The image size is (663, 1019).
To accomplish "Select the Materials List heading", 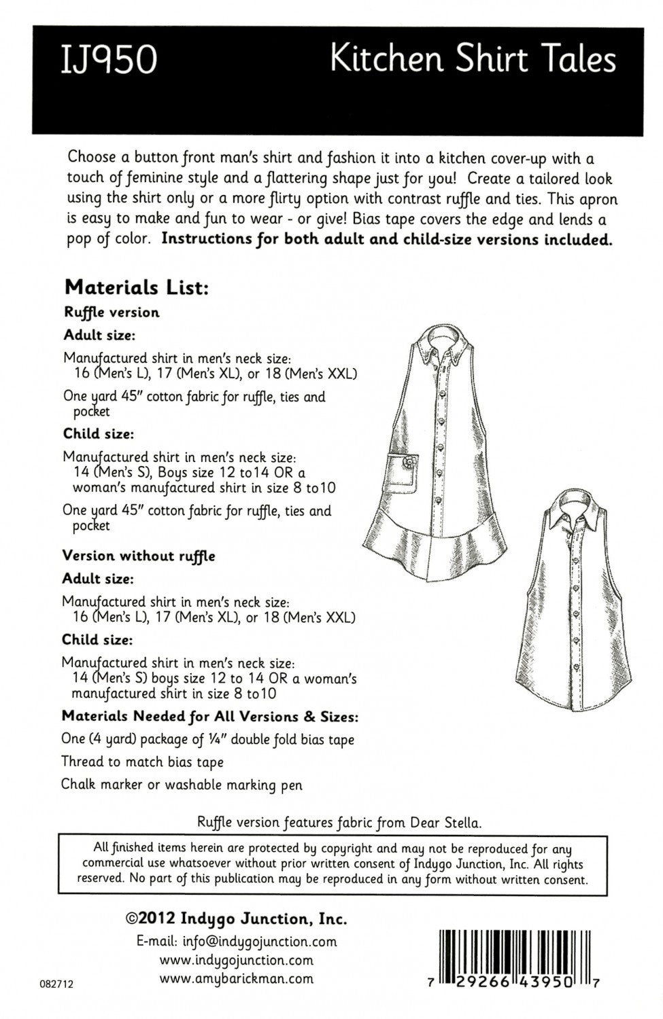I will click(134, 287).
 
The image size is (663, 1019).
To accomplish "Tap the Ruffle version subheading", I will click(112, 312).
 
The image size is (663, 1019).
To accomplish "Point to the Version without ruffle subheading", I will click(139, 556).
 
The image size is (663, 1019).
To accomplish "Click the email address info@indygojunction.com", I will click(237, 942).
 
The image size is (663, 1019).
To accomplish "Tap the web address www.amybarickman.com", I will click(236, 979).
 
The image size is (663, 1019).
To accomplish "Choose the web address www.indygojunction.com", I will click(236, 960).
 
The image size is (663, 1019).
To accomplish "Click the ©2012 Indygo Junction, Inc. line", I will click(237, 920).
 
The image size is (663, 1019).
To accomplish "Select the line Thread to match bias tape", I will click(142, 762).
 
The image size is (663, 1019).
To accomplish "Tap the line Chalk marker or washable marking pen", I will click(182, 785).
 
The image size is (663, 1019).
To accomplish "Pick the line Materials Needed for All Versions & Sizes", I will click(210, 716).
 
